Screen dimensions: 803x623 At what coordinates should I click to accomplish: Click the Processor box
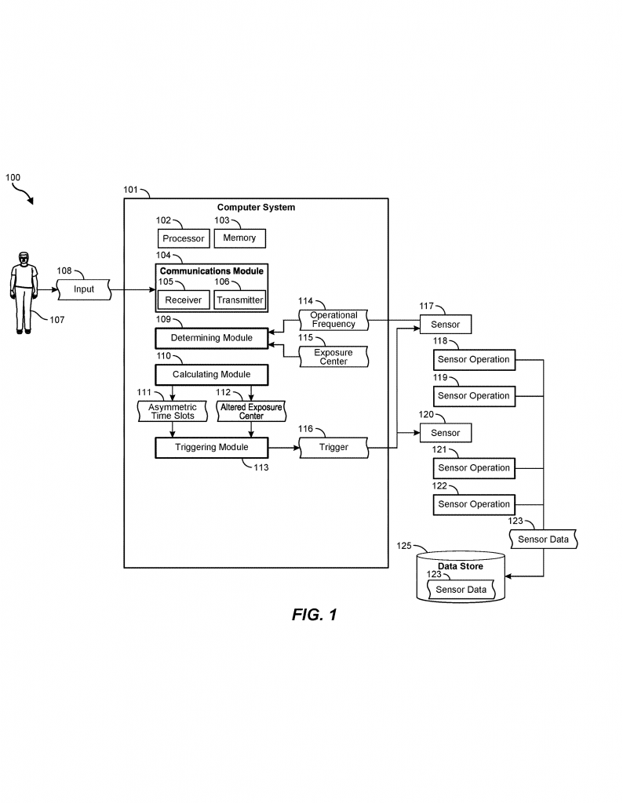183,238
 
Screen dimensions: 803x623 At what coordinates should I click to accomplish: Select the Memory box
239,238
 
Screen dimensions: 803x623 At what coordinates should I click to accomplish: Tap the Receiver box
183,300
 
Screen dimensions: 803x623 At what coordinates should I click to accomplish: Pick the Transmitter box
240,300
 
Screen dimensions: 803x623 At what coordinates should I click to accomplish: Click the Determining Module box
212,338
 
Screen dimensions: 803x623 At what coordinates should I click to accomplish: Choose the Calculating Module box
212,374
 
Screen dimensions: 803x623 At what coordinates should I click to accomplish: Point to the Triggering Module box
212,448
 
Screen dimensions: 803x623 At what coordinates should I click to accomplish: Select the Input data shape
84,289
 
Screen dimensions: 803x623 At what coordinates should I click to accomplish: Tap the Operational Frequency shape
333,320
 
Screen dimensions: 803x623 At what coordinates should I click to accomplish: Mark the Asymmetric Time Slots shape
172,411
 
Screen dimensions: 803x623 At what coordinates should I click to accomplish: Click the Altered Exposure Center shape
251,411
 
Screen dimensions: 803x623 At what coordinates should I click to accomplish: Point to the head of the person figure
24,258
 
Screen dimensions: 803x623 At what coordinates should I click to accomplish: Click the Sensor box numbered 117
445,324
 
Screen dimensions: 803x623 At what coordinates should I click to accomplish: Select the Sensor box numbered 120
445,433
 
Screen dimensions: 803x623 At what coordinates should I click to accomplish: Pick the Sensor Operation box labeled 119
473,396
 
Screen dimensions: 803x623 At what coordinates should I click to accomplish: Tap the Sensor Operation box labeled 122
473,504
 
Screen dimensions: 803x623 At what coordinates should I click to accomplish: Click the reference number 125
403,545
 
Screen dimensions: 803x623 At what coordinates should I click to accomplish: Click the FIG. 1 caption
314,615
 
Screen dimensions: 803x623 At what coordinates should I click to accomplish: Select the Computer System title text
256,208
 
